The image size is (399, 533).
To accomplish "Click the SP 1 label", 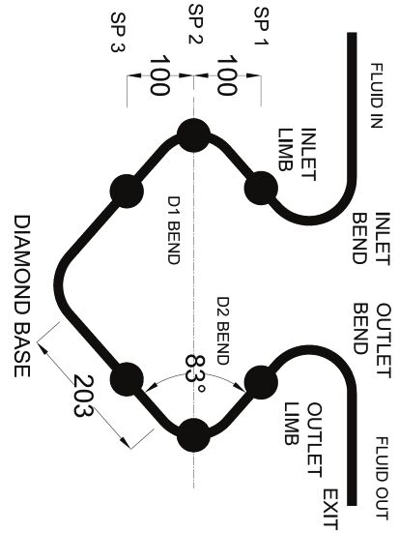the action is pyautogui.click(x=262, y=26).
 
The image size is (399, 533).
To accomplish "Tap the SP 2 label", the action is pyautogui.click(x=195, y=24).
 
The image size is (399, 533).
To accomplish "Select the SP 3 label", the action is pyautogui.click(x=118, y=32).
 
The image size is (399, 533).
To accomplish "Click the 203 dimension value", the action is pyautogui.click(x=83, y=396).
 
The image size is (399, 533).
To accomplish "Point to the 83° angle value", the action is pyautogui.click(x=196, y=373).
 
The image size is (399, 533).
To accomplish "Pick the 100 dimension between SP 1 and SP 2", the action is pyautogui.click(x=226, y=75).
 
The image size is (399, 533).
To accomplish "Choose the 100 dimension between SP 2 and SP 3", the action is pyautogui.click(x=159, y=75).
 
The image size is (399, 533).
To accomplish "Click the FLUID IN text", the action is pyautogui.click(x=376, y=96).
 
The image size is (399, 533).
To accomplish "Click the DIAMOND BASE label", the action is pyautogui.click(x=22, y=296).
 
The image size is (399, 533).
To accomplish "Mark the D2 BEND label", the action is pyautogui.click(x=223, y=331).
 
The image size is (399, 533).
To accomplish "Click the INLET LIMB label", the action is pyautogui.click(x=298, y=155).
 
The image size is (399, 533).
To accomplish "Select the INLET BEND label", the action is pyautogui.click(x=371, y=238).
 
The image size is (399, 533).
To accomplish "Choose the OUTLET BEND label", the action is pyautogui.click(x=371, y=340).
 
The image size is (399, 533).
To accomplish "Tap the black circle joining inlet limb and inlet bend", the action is pyautogui.click(x=261, y=188).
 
